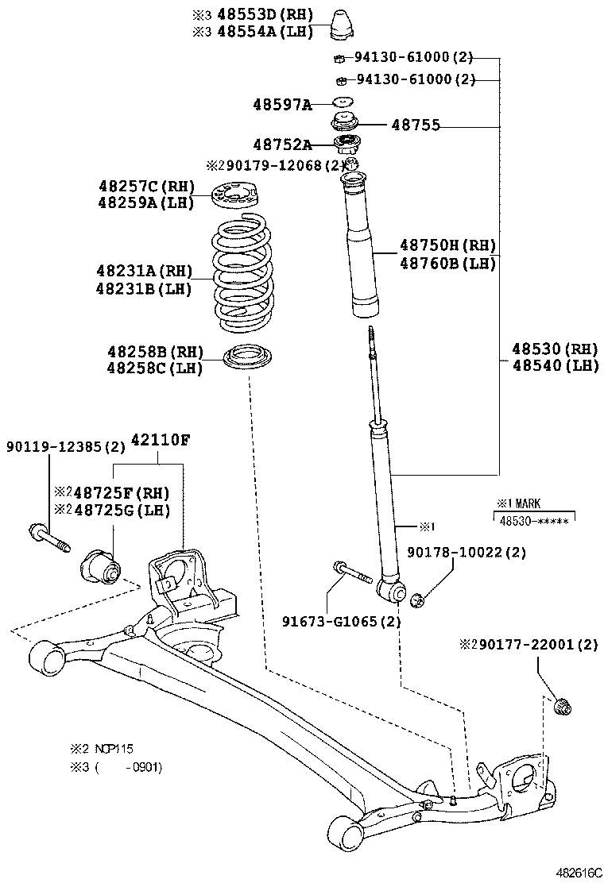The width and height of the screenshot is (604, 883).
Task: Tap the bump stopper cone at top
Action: point(343,24)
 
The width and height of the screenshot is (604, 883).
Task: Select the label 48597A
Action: point(282,104)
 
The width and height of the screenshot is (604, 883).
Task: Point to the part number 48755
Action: point(416,125)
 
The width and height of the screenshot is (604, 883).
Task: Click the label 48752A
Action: point(282,145)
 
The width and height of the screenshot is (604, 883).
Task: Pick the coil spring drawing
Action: point(245,274)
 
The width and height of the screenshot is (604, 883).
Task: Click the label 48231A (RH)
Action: point(144,272)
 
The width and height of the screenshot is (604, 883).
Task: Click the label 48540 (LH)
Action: point(555,365)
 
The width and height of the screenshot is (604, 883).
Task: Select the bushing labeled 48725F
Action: point(99,565)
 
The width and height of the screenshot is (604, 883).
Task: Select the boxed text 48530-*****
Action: point(533,519)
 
